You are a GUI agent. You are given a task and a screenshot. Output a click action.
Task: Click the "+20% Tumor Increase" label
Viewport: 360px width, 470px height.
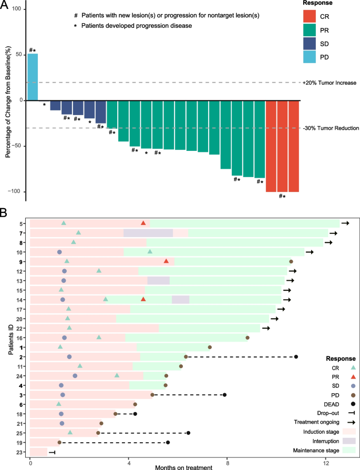point(330,83)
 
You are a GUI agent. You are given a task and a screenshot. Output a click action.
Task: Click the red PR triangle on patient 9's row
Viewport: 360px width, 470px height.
point(166,261)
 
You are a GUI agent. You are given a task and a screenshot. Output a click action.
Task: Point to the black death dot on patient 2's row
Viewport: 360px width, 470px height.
point(296,357)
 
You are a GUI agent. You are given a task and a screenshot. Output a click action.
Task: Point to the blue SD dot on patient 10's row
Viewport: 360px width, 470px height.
point(59,252)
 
